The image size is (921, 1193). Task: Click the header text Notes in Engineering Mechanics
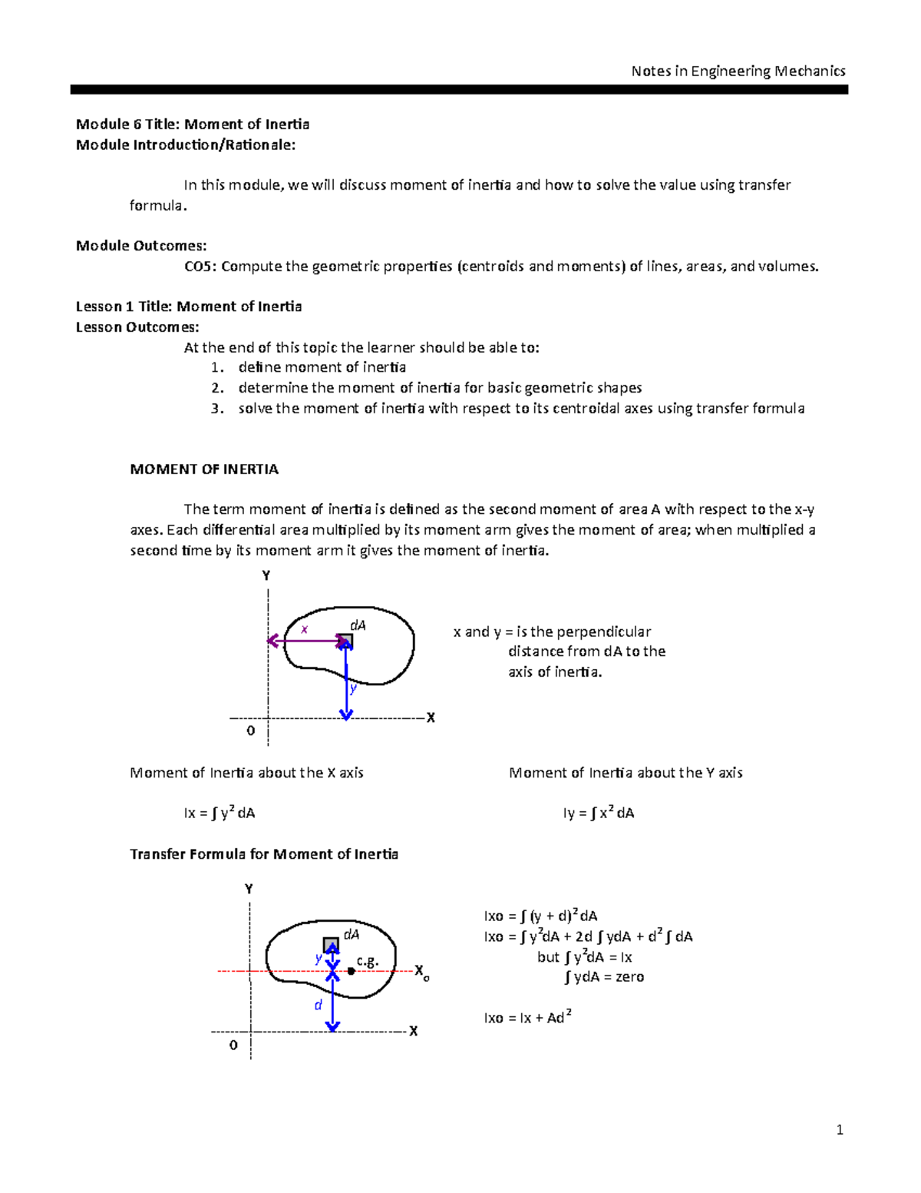738,71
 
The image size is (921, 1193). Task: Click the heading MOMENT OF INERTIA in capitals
204,469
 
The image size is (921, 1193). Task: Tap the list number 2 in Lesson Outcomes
217,388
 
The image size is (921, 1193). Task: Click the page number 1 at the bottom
840,1129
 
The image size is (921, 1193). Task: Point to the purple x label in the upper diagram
304,629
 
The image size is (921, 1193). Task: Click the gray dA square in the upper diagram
345,641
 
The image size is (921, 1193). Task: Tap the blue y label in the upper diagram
353,688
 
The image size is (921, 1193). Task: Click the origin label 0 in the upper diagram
250,731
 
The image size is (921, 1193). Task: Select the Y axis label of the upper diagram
266,575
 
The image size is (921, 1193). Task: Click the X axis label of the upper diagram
431,717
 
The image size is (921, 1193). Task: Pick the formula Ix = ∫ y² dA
220,813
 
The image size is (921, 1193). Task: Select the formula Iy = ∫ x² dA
599,813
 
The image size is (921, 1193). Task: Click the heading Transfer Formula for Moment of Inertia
264,854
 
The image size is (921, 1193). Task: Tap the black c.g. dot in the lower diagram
351,971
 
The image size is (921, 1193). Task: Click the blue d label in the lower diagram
319,1005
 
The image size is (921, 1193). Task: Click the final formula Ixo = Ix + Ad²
527,1018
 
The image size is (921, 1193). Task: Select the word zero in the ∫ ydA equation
629,977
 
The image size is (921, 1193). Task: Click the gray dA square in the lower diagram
331,945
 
